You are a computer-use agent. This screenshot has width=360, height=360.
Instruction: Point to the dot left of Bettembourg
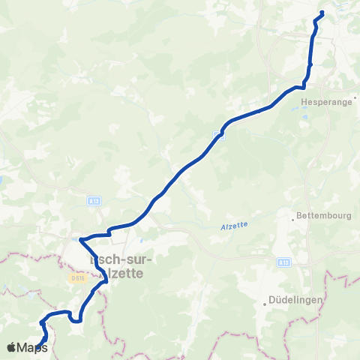coord(292,220)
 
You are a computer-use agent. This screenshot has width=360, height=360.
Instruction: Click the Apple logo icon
coord(11,347)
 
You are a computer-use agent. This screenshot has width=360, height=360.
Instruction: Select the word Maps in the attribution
coord(32,347)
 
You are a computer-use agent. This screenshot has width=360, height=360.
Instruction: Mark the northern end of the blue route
coord(322,13)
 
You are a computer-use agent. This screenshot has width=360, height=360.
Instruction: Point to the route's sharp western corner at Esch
coord(81,238)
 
